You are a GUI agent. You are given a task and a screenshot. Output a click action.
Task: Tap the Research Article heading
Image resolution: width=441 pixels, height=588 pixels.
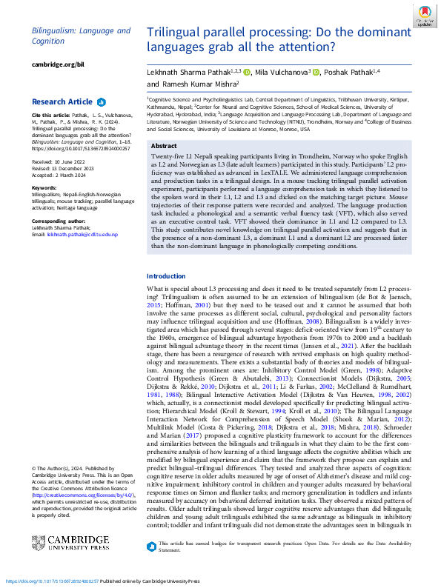tap(62, 101)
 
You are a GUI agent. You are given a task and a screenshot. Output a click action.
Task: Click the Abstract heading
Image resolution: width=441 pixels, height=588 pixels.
tap(165, 147)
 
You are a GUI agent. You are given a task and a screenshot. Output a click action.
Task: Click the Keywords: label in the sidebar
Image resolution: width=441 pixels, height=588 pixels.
tap(45, 188)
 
